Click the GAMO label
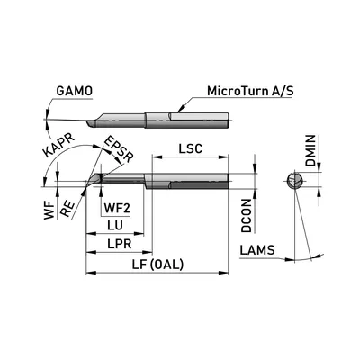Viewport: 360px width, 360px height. (75, 91)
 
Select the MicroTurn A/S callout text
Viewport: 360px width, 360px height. (250, 91)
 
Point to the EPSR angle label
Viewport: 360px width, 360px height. (119, 149)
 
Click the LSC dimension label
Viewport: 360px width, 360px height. (191, 148)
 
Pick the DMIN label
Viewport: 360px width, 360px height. (310, 150)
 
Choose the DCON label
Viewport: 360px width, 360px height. (247, 215)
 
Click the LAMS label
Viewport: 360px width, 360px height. (257, 250)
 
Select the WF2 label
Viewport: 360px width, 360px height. (117, 208)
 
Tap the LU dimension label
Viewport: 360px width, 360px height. (115, 225)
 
